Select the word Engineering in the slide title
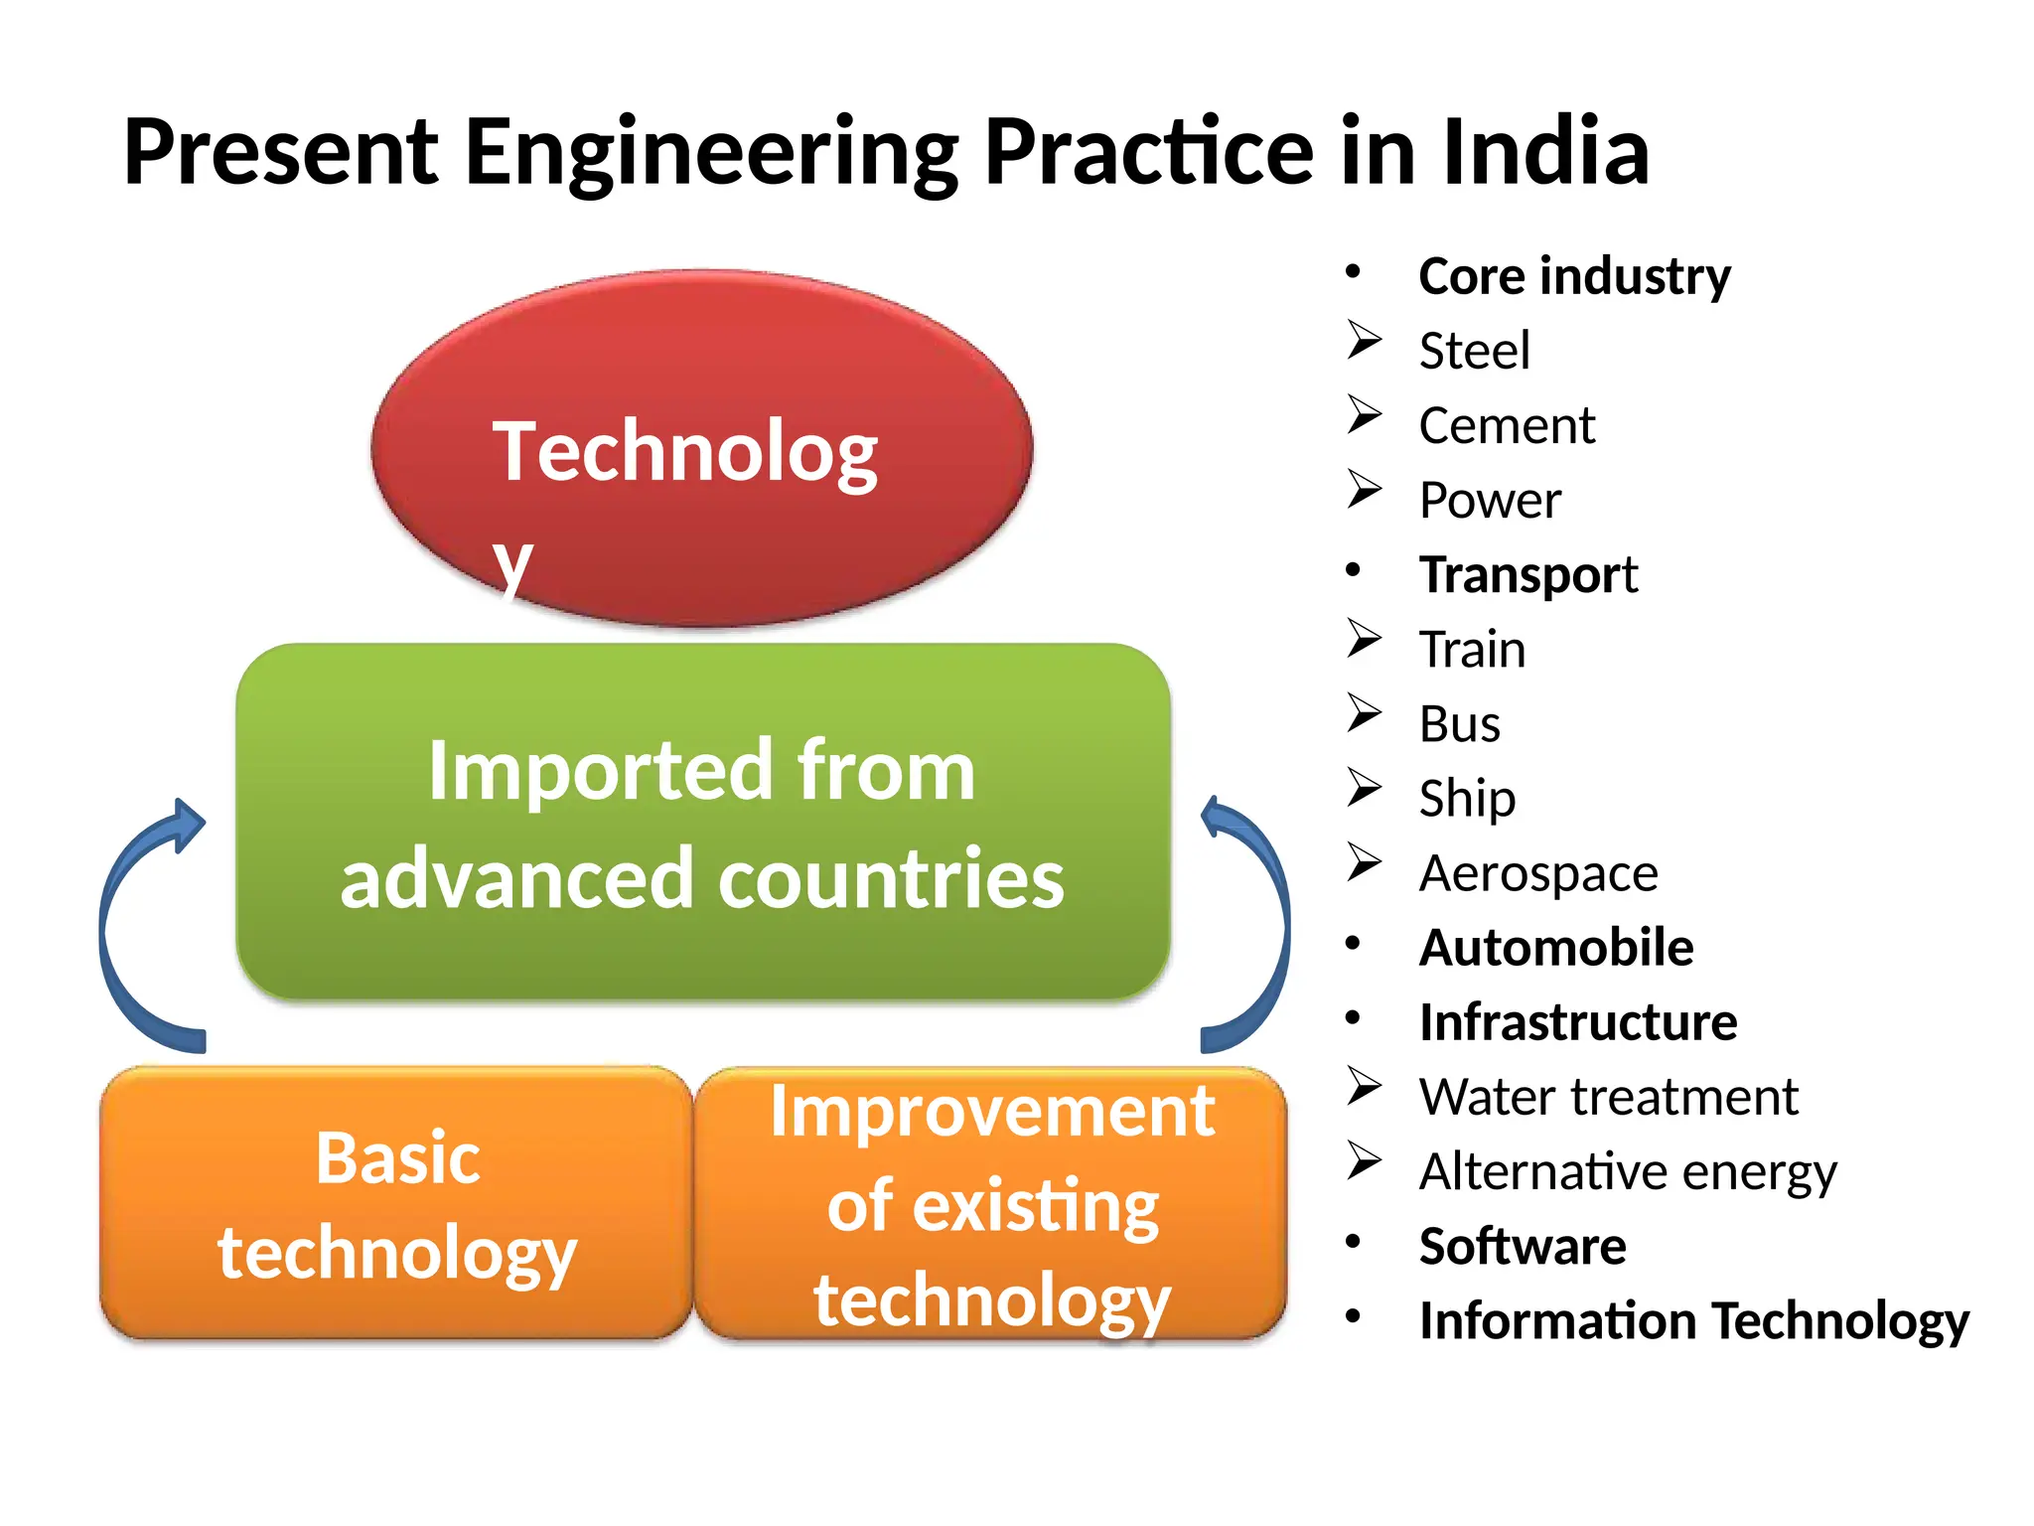[712, 154]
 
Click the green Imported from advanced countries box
[702, 823]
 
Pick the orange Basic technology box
[396, 1204]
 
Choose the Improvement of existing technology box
[991, 1204]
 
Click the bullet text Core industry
[1574, 276]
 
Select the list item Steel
[1474, 351]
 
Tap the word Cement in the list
[1506, 426]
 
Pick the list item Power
[1489, 501]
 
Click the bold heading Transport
[1527, 575]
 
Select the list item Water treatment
[1608, 1098]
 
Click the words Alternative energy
[1627, 1172]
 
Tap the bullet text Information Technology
[1693, 1321]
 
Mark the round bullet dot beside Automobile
[1353, 943]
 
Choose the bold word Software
[1522, 1247]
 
